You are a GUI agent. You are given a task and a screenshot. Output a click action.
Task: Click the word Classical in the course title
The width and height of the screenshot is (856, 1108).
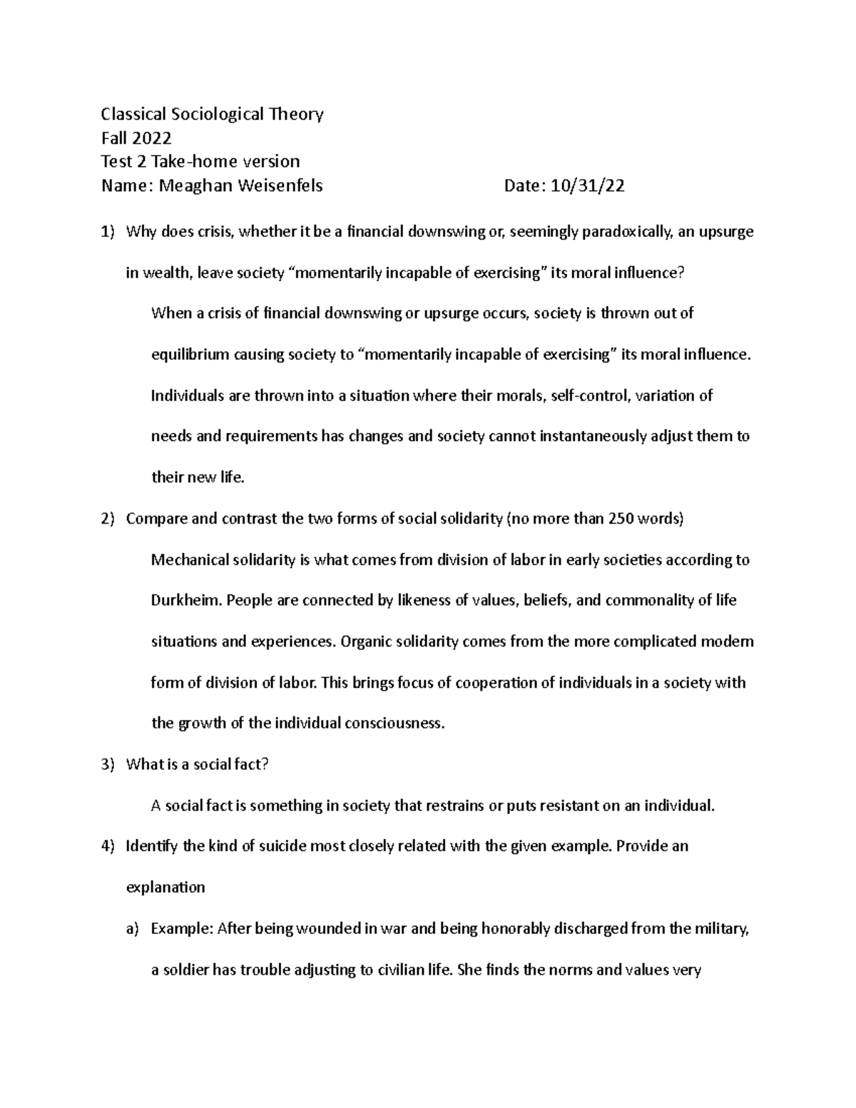(133, 114)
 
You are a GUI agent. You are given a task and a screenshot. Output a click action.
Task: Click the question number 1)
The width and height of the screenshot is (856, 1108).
(107, 232)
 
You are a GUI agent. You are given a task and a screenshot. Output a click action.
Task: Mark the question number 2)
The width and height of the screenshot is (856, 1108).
(107, 519)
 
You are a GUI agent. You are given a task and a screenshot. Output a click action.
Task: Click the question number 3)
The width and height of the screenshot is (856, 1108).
(107, 765)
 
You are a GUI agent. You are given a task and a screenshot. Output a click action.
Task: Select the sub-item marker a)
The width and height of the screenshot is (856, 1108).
(132, 929)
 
